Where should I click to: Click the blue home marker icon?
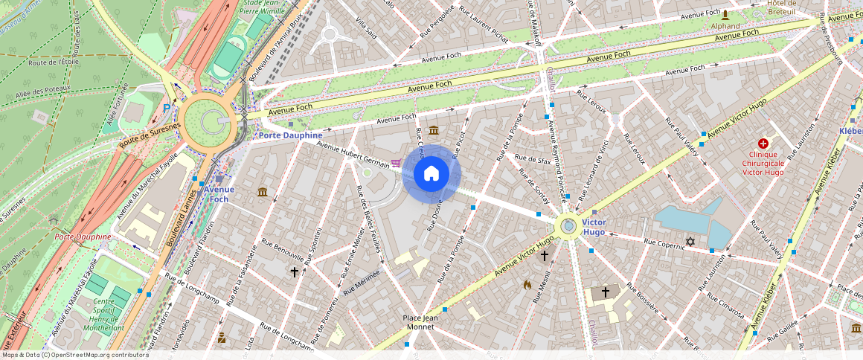pos(431,175)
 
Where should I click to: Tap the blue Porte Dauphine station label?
pos(290,135)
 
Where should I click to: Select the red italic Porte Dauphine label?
pos(83,237)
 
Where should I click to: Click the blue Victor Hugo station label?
pos(594,228)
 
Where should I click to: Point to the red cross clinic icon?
pos(763,143)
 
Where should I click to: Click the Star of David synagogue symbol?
pos(690,242)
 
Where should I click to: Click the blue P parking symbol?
pos(167,109)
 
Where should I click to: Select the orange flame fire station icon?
pos(527,284)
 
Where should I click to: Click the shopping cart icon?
pos(396,163)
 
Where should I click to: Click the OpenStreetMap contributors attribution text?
pos(74,355)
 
